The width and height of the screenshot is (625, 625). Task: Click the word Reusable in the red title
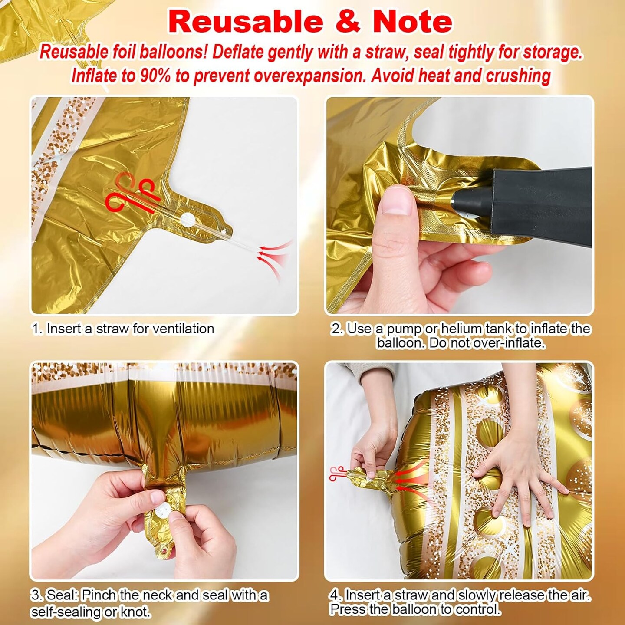coord(245,22)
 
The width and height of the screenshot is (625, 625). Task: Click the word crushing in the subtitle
coord(516,76)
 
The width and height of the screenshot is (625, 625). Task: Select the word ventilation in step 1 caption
coord(183,329)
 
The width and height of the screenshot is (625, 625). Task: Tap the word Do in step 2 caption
coord(439,343)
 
